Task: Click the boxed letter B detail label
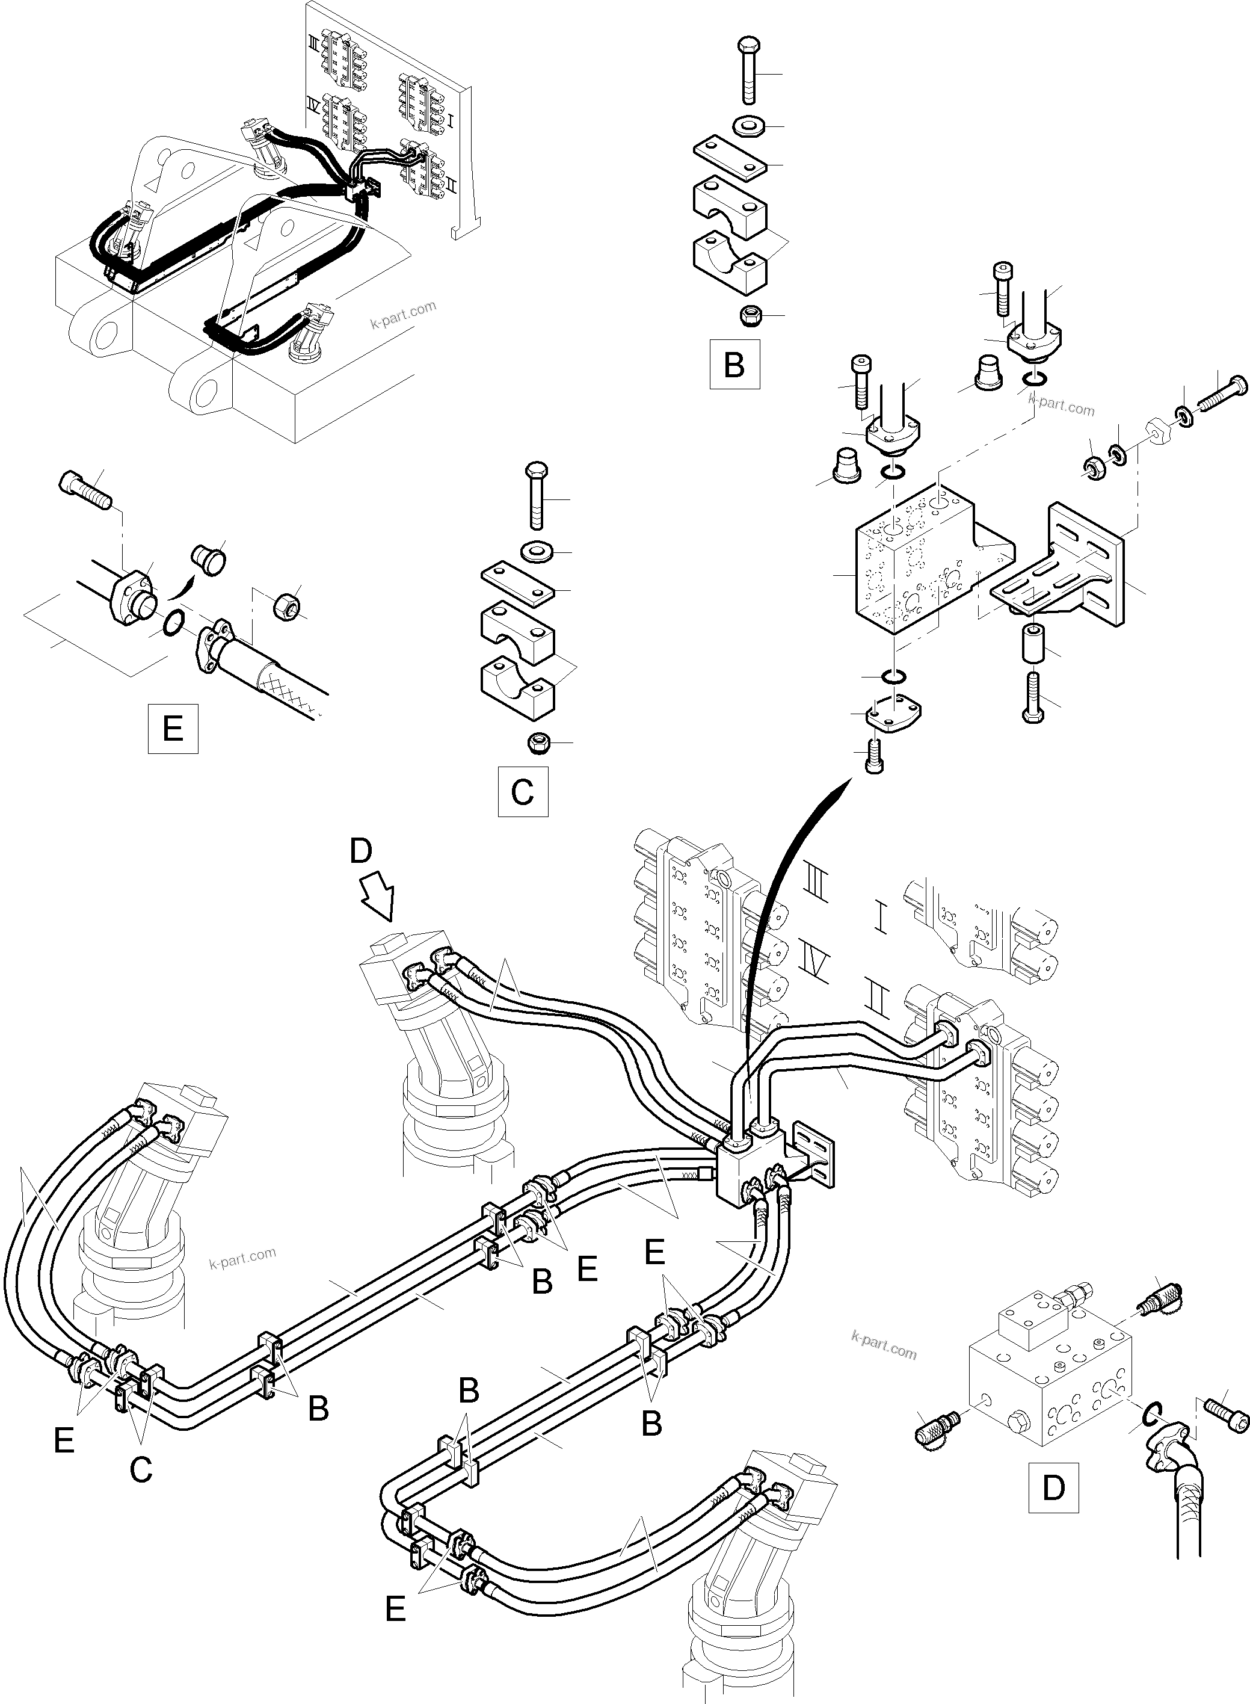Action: (734, 365)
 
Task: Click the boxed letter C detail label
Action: (522, 792)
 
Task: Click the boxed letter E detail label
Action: (173, 729)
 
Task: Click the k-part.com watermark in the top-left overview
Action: (403, 315)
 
